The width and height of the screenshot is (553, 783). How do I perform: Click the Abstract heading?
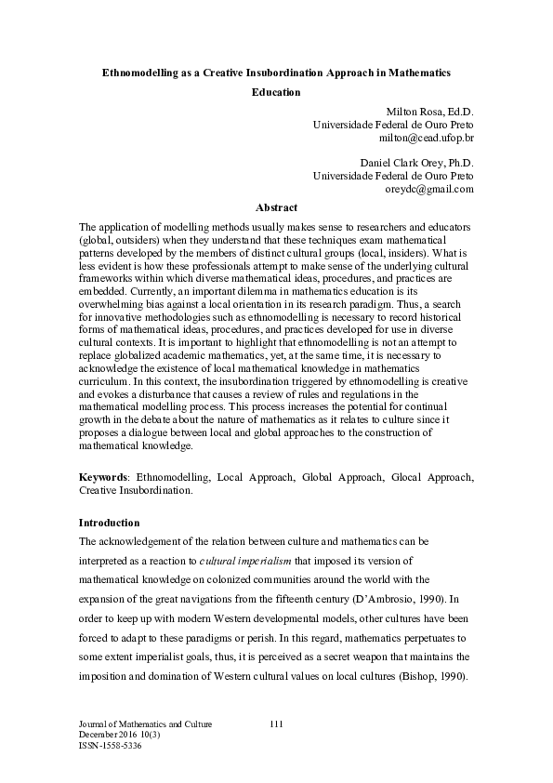(276, 207)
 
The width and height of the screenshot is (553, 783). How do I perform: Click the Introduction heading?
(110, 523)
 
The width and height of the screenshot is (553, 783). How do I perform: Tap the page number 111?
(276, 723)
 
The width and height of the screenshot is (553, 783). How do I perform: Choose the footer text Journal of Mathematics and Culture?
(146, 723)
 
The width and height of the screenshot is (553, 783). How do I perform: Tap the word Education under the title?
(276, 92)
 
